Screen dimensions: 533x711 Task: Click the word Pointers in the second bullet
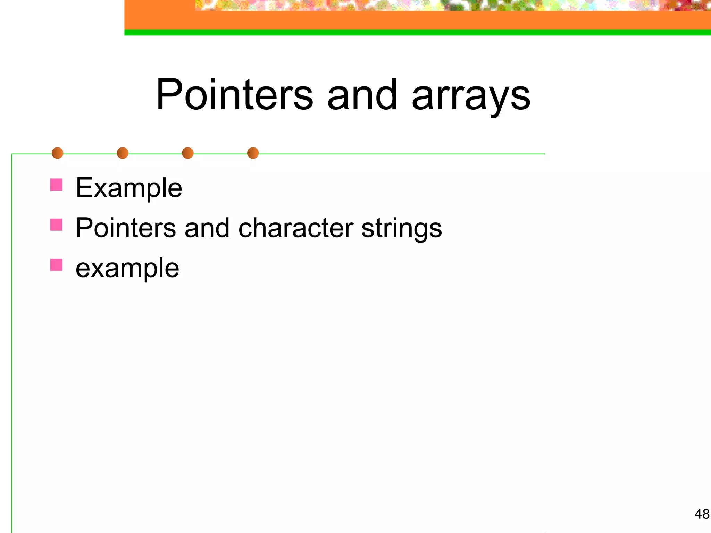click(126, 228)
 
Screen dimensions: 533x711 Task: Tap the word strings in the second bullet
click(401, 229)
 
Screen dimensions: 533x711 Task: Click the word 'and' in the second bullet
click(207, 228)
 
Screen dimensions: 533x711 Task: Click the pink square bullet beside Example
click(56, 185)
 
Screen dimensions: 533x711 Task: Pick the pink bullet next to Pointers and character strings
click(56, 225)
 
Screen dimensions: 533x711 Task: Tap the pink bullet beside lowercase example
click(56, 265)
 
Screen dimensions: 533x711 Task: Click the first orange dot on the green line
click(57, 153)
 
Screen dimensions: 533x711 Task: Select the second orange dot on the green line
click(123, 153)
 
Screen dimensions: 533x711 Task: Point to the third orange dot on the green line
click(187, 153)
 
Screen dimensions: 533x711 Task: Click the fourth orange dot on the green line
click(253, 153)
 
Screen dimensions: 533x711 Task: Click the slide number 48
click(702, 514)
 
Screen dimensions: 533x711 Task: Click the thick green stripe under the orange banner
click(417, 33)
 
